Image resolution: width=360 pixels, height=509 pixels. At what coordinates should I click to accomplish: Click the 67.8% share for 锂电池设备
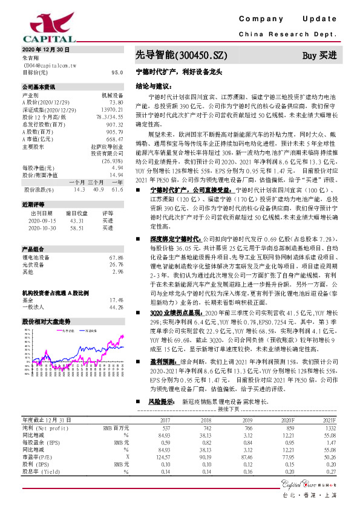click(116, 258)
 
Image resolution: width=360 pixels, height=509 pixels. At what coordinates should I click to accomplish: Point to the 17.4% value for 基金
click(116, 300)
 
